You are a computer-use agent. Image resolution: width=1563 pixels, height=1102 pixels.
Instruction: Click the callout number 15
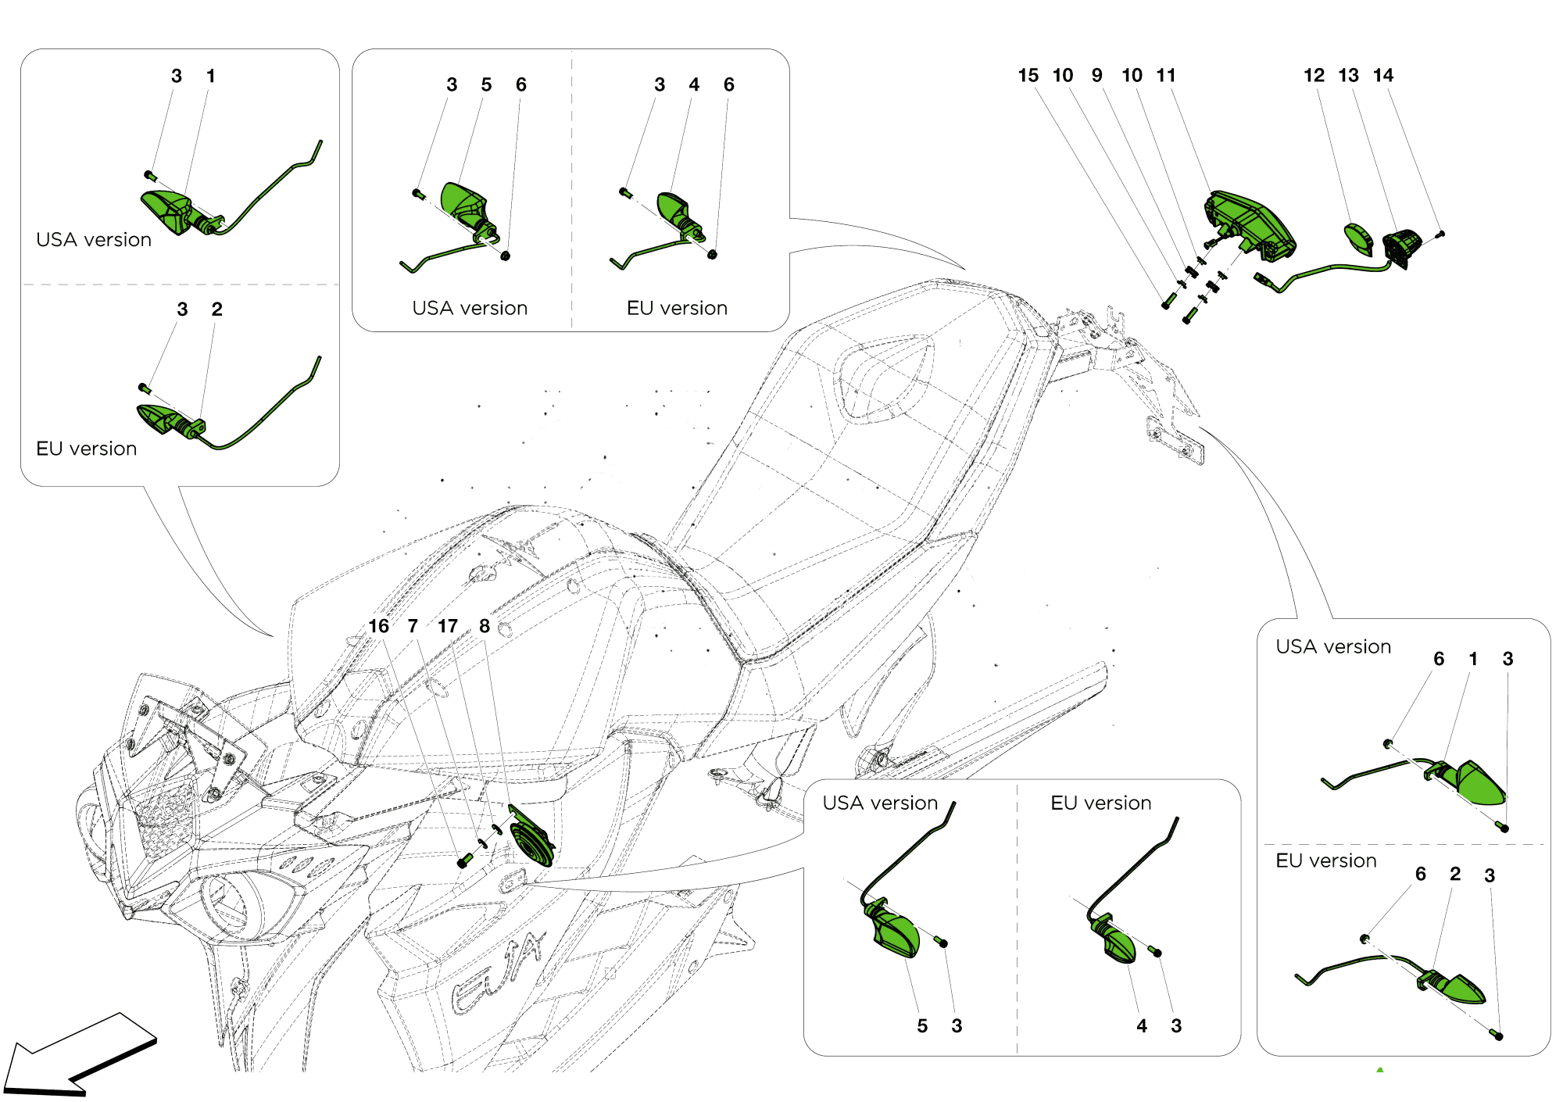tap(1028, 76)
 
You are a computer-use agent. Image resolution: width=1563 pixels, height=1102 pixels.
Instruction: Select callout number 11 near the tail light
tap(1166, 76)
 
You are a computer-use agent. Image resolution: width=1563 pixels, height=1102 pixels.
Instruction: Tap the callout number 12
tap(1314, 76)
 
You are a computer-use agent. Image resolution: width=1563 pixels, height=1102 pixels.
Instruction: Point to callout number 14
tap(1383, 76)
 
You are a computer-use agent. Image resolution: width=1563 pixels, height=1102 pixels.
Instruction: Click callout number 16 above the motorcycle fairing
tap(378, 627)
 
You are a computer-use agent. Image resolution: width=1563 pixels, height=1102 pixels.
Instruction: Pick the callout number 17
tap(447, 627)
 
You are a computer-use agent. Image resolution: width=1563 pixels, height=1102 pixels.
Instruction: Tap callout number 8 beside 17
tap(485, 627)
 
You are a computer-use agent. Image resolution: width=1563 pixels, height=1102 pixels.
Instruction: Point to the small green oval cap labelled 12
tap(1358, 238)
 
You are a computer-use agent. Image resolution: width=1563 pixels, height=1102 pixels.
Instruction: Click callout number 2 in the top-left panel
tap(216, 309)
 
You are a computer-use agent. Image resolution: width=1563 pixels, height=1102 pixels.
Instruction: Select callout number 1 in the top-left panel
tap(210, 77)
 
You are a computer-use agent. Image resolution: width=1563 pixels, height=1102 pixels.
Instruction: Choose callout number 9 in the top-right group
tap(1097, 76)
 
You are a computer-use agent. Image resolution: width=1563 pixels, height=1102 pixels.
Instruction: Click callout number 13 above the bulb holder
tap(1348, 76)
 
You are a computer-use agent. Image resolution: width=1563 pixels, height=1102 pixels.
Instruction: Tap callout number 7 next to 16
tap(413, 627)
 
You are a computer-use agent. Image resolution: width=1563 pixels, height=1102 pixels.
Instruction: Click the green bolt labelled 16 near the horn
tap(464, 861)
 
